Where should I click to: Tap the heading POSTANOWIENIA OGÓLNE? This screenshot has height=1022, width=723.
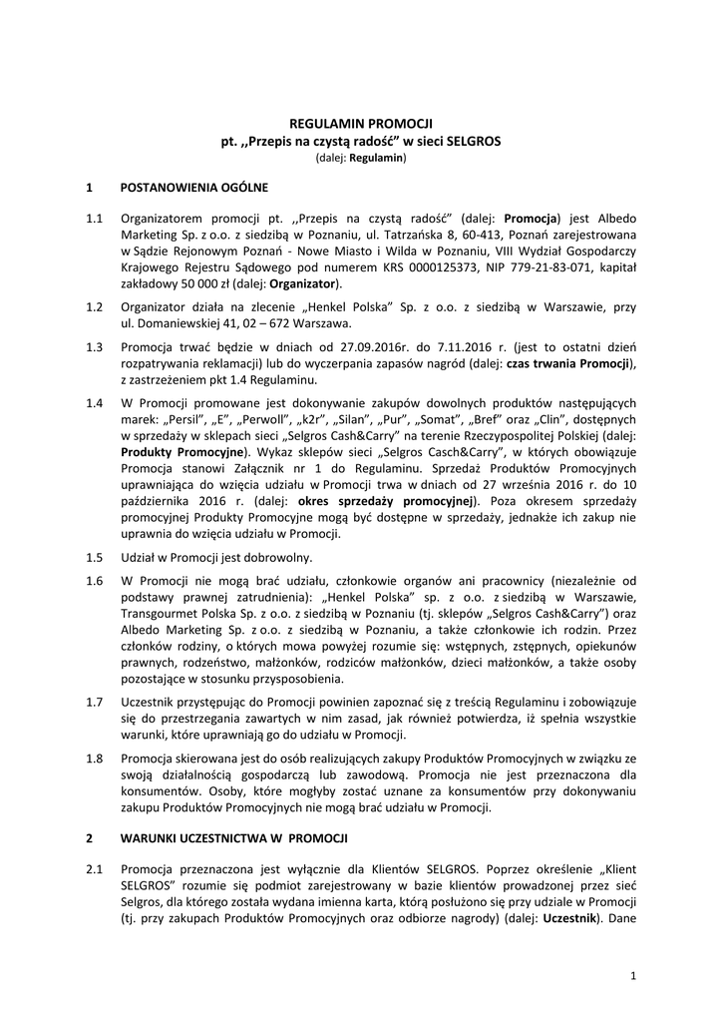point(193,186)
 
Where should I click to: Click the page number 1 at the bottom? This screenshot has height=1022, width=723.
point(632,973)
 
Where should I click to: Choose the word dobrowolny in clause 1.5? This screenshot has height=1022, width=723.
point(282,557)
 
